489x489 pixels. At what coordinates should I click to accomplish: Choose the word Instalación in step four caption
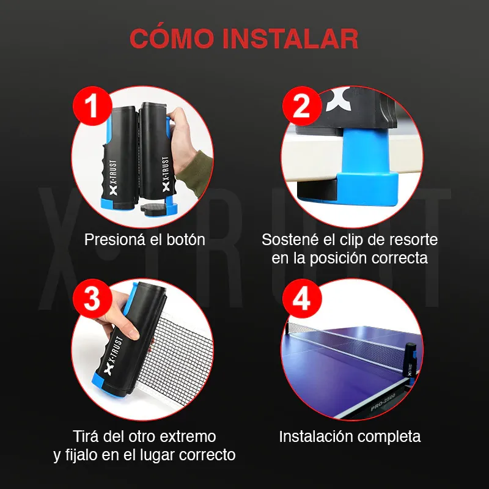click(315, 436)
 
